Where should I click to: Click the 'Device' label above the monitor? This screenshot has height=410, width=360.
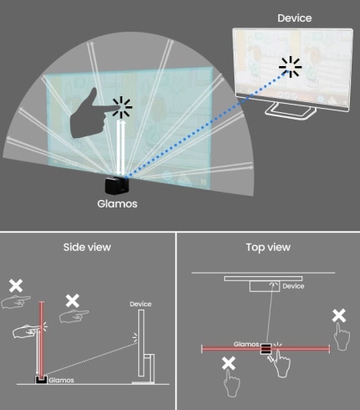coord(295,18)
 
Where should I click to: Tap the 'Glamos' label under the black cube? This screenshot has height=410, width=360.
coord(117,203)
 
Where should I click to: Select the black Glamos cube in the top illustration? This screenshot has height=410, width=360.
coord(117,185)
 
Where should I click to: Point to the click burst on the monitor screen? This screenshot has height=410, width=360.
coord(291,67)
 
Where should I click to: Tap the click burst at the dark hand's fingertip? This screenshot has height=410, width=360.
coord(121,107)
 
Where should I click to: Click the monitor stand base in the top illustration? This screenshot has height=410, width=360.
coord(291,110)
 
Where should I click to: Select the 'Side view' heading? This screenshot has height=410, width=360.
coord(87,247)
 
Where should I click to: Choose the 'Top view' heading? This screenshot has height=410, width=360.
coord(268,247)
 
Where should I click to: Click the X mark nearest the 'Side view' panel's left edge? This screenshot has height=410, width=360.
coord(16,285)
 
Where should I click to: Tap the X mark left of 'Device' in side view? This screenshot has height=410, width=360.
coord(73,301)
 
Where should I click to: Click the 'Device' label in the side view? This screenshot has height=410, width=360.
coord(141,304)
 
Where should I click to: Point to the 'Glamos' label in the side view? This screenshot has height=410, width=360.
coord(61,380)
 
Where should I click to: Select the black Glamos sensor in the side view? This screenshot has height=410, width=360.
coord(41,380)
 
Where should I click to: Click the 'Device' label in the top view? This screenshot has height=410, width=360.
coord(293,286)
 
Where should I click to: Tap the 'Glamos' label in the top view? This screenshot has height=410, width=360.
coord(246,344)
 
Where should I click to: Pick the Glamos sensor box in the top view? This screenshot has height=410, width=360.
coord(266,349)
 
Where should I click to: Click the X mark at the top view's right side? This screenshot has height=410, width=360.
coord(339,315)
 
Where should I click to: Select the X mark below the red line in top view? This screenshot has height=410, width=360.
coord(229,363)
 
